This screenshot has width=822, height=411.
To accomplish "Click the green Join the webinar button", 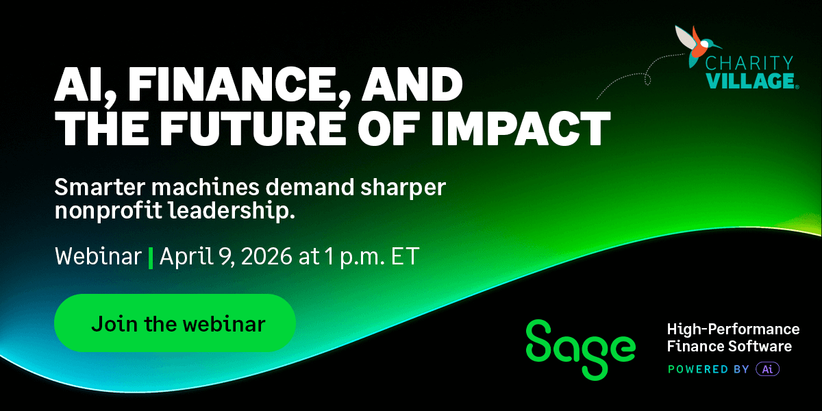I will (x=175, y=323).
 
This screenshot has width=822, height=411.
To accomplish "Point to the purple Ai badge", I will (x=767, y=369).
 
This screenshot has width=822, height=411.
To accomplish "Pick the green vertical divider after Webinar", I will (x=151, y=258).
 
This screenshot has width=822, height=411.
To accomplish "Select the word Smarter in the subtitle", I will (x=102, y=186).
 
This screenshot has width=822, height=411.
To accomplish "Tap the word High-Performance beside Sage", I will (x=734, y=329).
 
